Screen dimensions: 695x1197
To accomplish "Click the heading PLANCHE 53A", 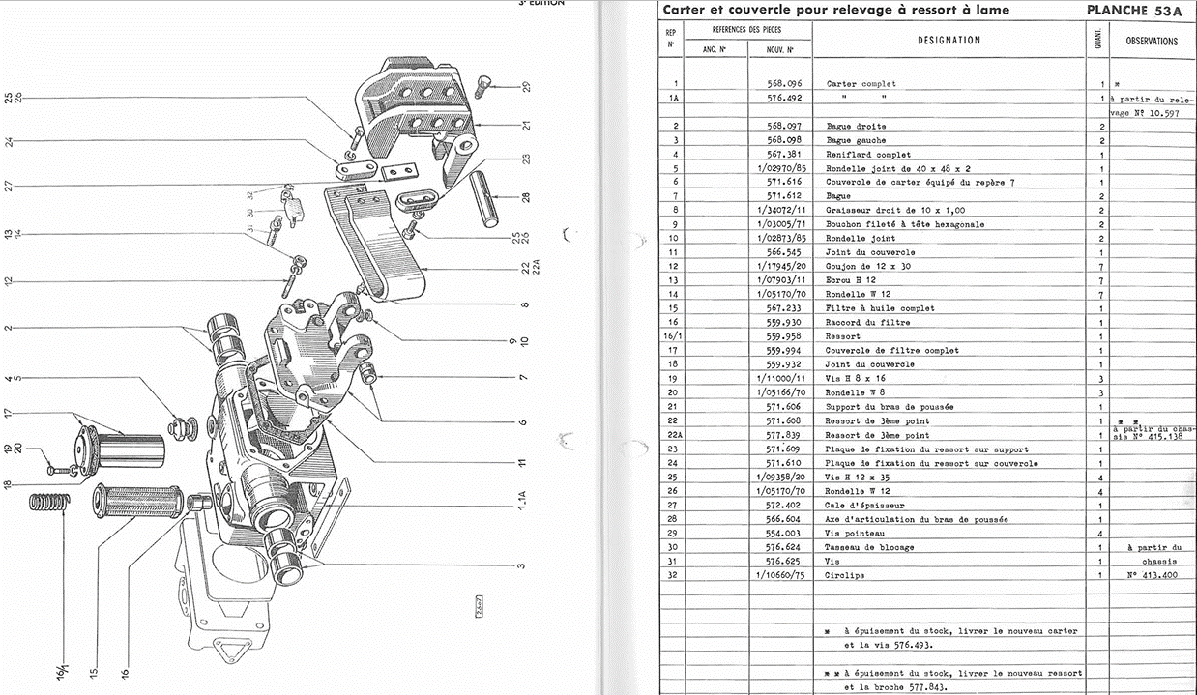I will [1137, 10].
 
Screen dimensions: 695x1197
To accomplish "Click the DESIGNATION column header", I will [949, 41].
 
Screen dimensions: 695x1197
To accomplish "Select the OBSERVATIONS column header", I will [1152, 42].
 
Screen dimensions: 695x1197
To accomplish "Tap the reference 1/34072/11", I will [782, 210].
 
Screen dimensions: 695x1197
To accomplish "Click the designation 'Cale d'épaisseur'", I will [865, 505].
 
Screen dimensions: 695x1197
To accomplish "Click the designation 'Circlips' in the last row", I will [846, 575].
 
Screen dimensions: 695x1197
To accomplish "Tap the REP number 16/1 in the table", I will [671, 336].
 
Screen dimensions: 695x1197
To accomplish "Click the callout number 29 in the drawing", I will [526, 87].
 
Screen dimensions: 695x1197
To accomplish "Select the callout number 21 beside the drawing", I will [526, 126].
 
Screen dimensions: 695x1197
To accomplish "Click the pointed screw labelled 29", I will [488, 84].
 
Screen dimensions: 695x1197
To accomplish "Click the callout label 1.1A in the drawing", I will [522, 504].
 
